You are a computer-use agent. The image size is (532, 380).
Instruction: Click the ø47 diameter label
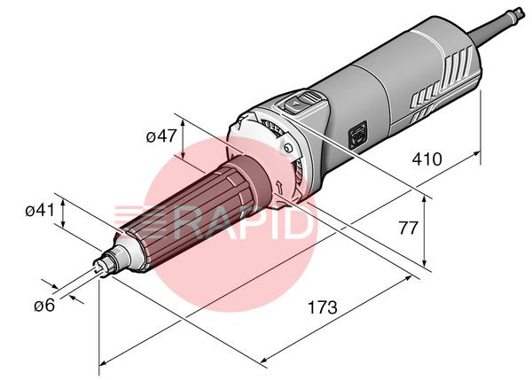[161, 136]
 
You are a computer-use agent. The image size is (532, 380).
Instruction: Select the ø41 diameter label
[40, 211]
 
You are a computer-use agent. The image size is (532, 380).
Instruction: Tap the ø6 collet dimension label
[44, 306]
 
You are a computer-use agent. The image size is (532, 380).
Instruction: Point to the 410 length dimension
[426, 159]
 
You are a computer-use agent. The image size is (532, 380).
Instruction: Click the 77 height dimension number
[408, 229]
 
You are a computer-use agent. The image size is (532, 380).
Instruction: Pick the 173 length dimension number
[323, 307]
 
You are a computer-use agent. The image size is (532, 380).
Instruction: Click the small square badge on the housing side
[358, 136]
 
